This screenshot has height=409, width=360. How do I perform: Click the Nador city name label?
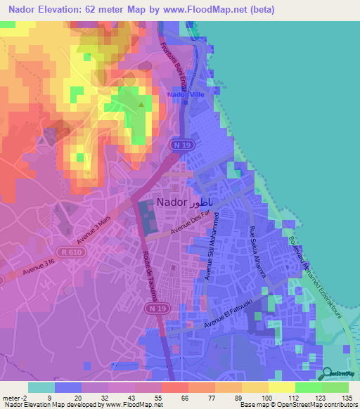[181, 202]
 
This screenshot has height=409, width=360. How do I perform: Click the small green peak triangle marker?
[140, 105]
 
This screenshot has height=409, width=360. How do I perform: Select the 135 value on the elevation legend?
[345, 397]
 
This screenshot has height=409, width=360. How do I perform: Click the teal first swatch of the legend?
[41, 387]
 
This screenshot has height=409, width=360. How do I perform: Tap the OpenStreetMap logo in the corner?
[339, 374]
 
